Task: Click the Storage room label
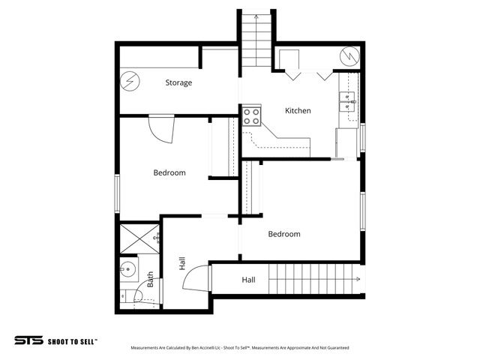[178, 82]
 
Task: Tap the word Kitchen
[298, 111]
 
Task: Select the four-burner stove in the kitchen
[251, 116]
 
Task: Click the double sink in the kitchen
[348, 100]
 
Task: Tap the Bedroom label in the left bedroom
[169, 172]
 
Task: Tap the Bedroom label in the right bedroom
[284, 234]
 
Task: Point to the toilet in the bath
[128, 295]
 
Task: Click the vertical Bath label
[151, 280]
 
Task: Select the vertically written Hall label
[182, 262]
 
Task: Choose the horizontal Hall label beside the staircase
[248, 280]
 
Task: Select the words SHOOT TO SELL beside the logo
[72, 340]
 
